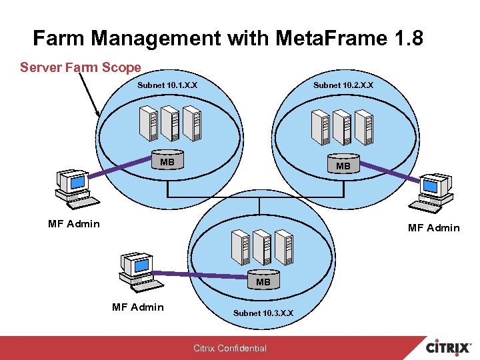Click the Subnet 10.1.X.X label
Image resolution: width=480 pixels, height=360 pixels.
167,85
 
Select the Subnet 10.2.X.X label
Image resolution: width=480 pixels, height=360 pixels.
343,85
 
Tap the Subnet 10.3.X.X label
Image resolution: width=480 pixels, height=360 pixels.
263,313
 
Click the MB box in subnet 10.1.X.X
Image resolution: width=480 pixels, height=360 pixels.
167,162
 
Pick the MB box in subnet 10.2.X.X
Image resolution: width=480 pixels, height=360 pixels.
343,165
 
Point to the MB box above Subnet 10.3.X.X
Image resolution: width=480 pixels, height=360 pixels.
263,282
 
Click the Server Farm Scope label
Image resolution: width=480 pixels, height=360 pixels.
81,67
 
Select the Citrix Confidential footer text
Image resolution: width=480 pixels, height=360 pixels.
230,348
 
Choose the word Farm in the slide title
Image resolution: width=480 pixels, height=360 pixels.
59,38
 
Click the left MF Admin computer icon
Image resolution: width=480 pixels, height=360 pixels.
73,187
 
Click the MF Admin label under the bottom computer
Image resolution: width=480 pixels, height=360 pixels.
137,307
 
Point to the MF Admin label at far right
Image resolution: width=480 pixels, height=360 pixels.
433,228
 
